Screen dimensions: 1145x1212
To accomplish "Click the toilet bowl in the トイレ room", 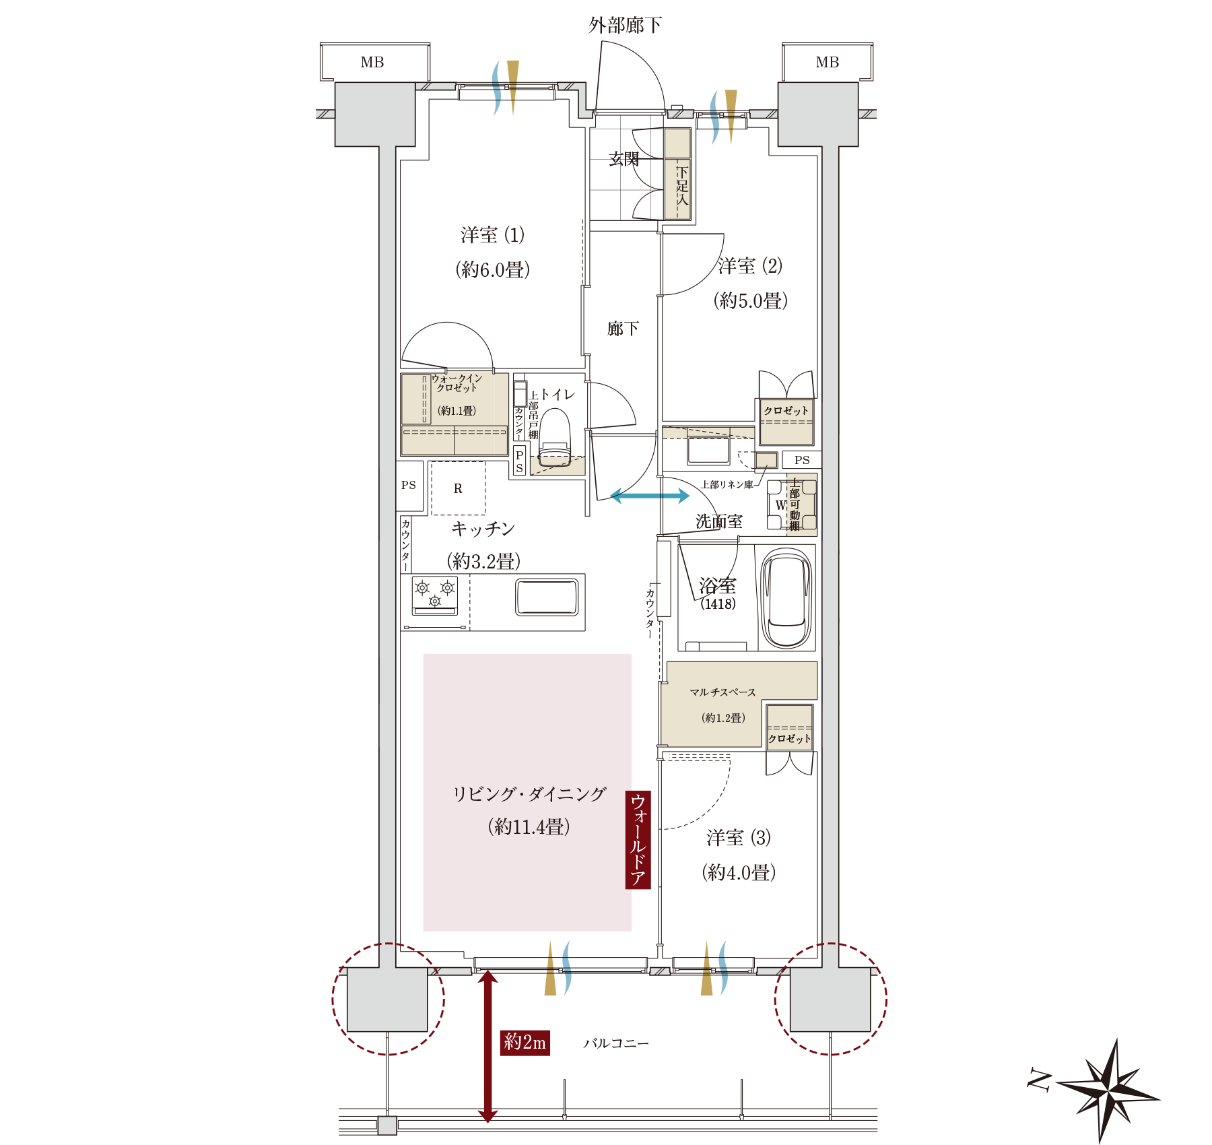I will point(555,438).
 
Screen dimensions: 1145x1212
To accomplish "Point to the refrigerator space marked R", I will point(458,488).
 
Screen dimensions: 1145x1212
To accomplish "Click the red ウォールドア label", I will point(638,839).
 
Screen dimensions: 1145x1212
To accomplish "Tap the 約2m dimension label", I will point(525,1042).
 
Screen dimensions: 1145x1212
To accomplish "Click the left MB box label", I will point(372,63).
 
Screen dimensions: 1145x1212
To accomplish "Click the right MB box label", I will point(828,63).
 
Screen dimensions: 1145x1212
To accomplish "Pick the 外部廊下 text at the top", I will point(625,26).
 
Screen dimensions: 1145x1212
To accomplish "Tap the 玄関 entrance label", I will point(624,159).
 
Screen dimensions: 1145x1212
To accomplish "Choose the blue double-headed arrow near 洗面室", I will point(650,496).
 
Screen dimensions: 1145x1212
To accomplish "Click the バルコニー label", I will point(615,1043).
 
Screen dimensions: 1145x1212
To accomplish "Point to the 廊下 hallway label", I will point(623,329).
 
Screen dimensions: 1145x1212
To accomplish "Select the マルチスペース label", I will point(722,692).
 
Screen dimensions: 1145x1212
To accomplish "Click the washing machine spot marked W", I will point(780,504).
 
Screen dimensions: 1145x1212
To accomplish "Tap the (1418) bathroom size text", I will point(718,604).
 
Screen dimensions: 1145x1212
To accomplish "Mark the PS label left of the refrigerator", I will point(409,485).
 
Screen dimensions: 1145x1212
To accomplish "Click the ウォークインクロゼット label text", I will point(457,383).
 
